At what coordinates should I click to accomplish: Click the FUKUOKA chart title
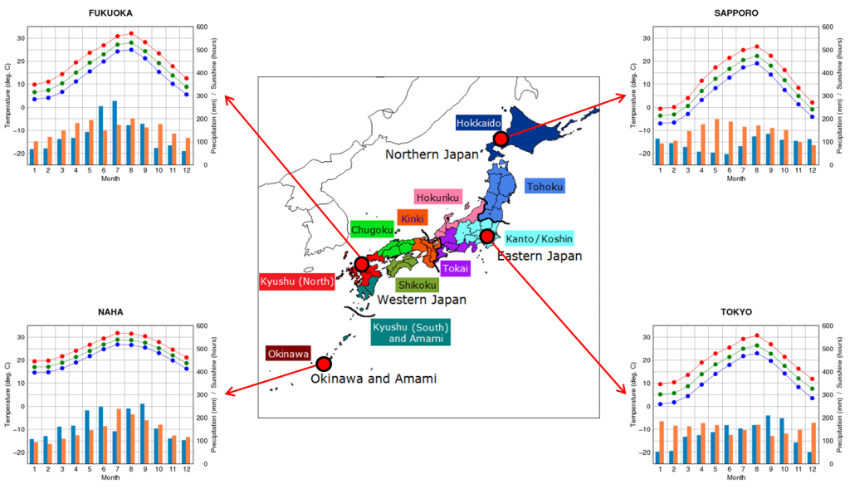point(110,13)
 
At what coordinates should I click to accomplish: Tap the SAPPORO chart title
point(735,13)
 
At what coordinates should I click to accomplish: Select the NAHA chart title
point(110,311)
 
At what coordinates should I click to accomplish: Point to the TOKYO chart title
point(735,311)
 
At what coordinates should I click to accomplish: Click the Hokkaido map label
point(478,123)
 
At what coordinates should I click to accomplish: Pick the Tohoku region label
point(545,187)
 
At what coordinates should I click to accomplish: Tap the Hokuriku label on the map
point(438,198)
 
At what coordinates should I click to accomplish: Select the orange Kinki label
point(413,218)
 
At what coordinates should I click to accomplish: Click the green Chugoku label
point(372,230)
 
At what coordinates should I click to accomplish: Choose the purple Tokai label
point(456,268)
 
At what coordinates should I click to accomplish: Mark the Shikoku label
point(417,285)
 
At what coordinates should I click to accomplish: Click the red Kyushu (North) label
point(296,281)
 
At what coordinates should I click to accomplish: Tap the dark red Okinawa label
point(288,354)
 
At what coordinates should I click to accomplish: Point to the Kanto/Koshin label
point(539,239)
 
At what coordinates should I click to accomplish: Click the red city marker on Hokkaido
point(501,139)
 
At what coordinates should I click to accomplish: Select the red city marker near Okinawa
point(324,364)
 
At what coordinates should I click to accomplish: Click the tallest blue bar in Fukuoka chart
point(115,133)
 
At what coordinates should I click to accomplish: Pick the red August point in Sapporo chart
point(757,46)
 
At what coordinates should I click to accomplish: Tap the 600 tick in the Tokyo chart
point(828,325)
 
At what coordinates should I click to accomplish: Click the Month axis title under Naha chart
point(110,477)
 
